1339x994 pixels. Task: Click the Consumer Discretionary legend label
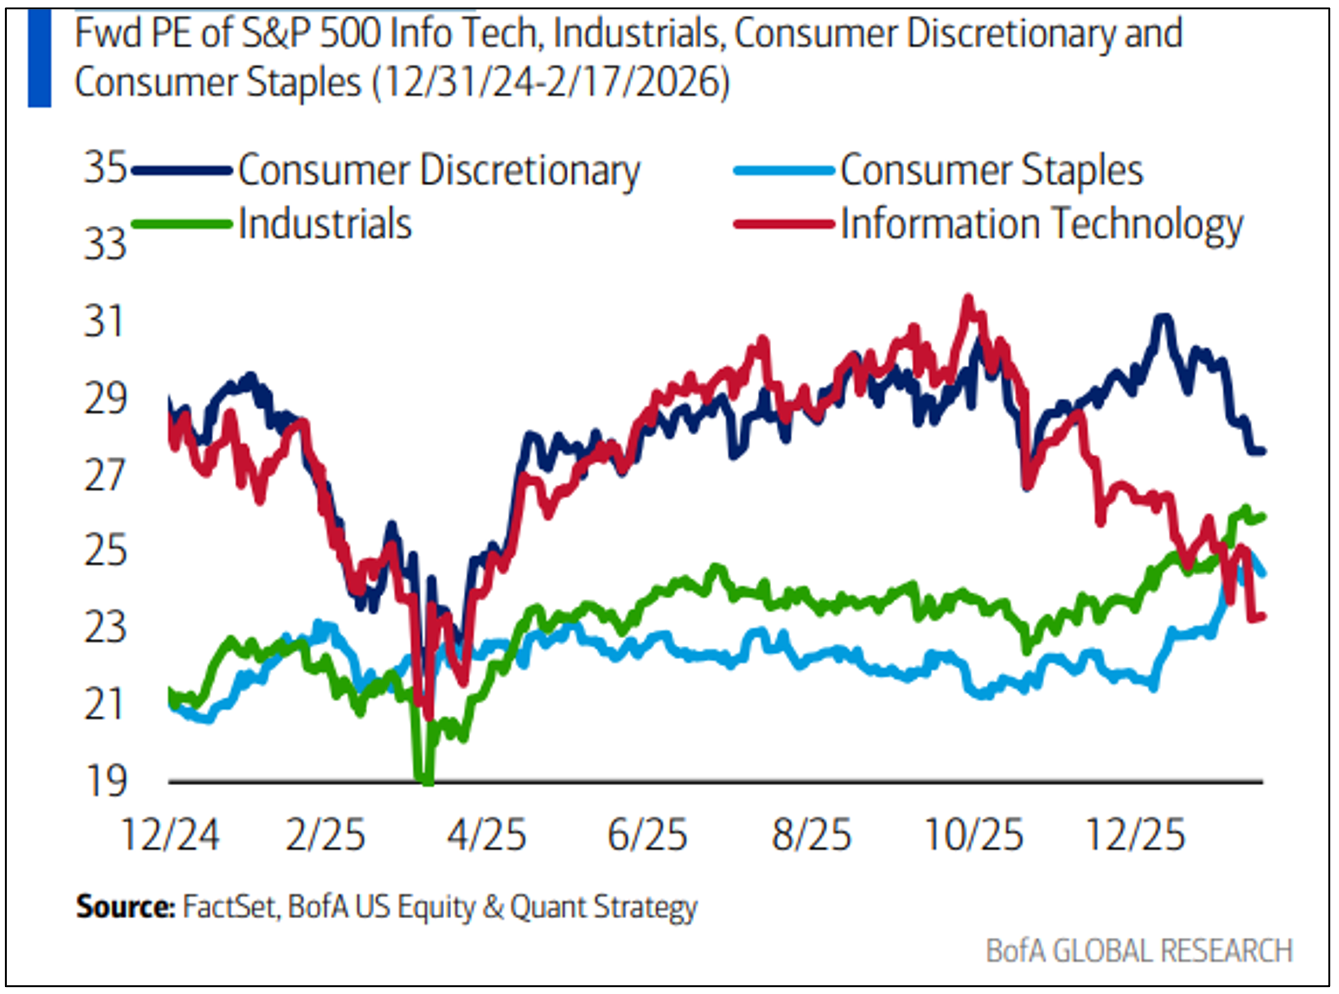[439, 170]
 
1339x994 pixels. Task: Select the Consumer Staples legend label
[991, 170]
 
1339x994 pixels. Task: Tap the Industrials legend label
[325, 225]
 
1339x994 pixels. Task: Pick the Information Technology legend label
[1042, 225]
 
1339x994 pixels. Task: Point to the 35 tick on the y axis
[105, 168]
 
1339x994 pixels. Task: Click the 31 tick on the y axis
[104, 322]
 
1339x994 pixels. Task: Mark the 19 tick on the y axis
[105, 781]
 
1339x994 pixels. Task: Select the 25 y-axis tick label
[105, 551]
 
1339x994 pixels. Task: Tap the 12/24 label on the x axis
[170, 835]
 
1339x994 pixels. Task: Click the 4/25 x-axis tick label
[487, 835]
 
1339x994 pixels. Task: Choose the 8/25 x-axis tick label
[811, 835]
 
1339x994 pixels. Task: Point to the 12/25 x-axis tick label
[1135, 835]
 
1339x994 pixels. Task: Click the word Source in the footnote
[125, 907]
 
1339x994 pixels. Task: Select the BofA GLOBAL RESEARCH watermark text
[1139, 951]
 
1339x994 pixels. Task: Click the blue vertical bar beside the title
[39, 58]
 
